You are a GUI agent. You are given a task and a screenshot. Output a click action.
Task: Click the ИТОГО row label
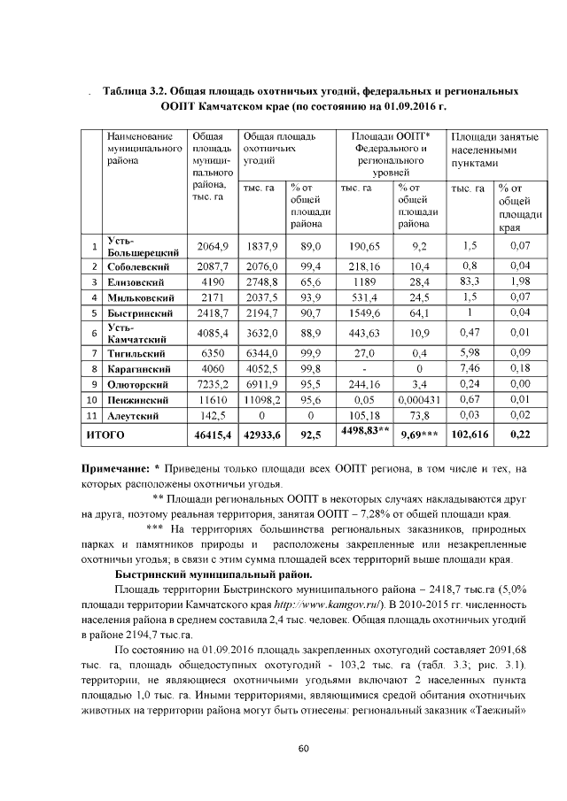pos(105,436)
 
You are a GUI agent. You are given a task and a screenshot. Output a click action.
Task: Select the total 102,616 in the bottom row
pos(470,436)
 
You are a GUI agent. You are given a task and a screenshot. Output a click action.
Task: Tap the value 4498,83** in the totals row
pos(364,431)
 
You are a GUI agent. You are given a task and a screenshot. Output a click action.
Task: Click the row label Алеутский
pos(134,414)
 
